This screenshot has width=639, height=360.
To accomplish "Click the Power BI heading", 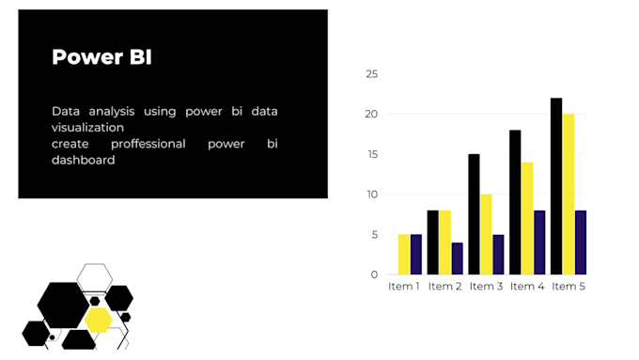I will [101, 57].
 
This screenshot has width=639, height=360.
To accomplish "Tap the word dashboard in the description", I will [84, 160].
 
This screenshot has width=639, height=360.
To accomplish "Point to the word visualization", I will [87, 127].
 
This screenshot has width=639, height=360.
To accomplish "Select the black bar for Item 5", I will [556, 186].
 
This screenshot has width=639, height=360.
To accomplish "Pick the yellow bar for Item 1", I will [404, 254].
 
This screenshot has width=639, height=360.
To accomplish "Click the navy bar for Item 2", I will [457, 258].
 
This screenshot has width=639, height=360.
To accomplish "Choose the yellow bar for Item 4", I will [527, 218].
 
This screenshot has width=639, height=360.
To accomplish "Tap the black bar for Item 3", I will [474, 214].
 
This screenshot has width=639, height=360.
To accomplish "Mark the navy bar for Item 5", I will [581, 243].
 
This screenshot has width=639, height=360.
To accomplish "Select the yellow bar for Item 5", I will [569, 194].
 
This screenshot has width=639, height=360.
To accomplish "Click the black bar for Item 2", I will [433, 243].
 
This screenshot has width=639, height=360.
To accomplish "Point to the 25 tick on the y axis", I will [372, 74].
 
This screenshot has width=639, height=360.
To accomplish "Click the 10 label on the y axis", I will [372, 195].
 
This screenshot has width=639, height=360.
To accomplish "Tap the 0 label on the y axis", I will [375, 274].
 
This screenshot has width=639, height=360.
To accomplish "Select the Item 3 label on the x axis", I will [487, 287].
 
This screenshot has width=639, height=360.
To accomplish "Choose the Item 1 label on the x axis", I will [404, 287].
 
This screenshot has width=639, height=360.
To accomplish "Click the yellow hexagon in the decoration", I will [98, 320].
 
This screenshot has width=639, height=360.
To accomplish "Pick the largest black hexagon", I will [63, 305].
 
